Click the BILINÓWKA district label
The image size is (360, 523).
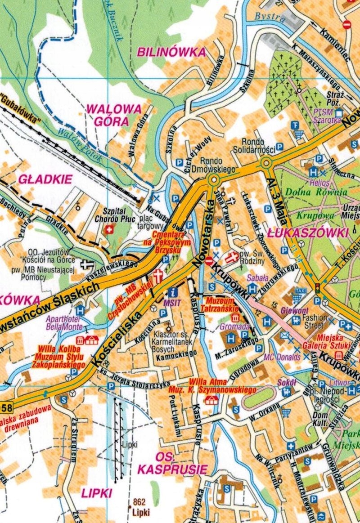[171, 52]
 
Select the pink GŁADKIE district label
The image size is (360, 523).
[45, 179]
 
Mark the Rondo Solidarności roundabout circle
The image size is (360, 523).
[267, 162]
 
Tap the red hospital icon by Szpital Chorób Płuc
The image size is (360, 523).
[108, 230]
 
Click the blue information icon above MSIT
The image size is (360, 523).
[172, 292]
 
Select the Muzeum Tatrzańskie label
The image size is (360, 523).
[224, 303]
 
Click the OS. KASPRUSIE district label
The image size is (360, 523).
[172, 464]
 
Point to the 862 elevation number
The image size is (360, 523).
[140, 502]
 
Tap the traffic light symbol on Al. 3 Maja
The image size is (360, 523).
[318, 288]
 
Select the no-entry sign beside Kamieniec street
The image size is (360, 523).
[346, 24]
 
